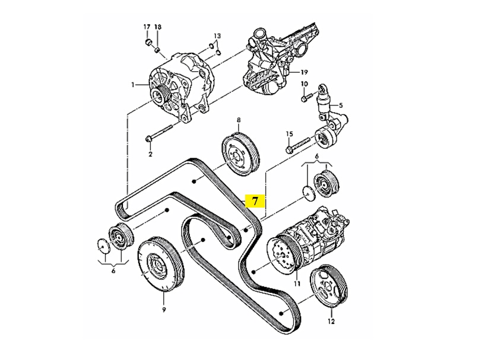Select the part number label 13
coord(217,36)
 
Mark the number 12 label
coord(331,322)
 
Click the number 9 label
coord(164,309)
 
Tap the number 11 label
coord(297,284)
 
